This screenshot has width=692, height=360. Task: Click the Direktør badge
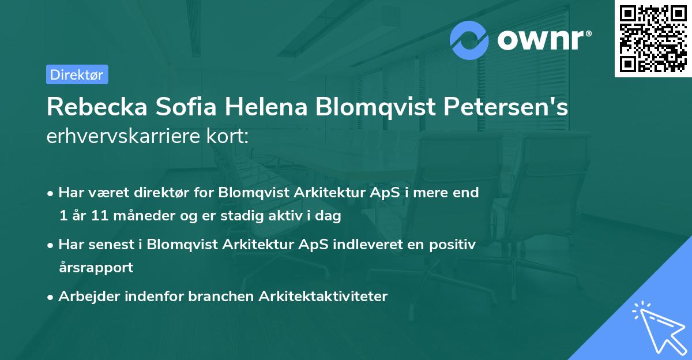(77, 74)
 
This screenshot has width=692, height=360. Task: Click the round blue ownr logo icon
(469, 41)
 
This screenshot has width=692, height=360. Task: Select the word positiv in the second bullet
(454, 245)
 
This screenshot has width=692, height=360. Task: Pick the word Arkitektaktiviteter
(323, 297)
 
